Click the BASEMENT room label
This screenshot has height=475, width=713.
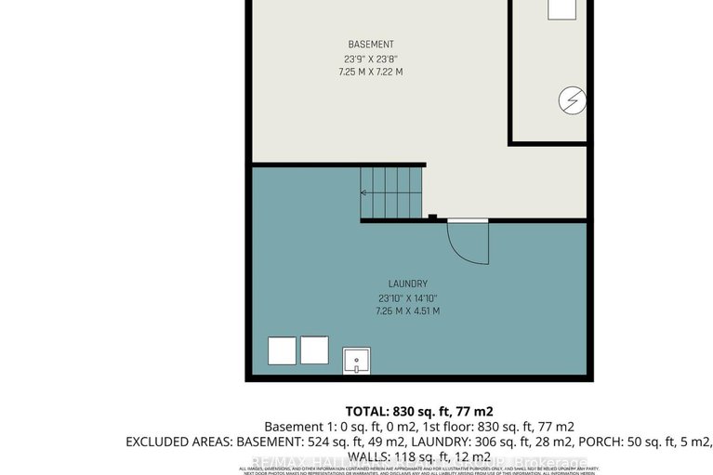click(371, 45)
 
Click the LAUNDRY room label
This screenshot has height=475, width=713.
click(408, 284)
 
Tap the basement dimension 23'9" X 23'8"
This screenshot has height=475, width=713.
click(371, 59)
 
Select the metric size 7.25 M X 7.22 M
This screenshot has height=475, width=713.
click(371, 72)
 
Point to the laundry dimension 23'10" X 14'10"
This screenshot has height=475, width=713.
click(408, 297)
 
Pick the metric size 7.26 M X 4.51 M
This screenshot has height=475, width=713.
click(408, 311)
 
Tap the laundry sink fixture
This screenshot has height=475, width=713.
click(357, 359)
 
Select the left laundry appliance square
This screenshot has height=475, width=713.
click(282, 350)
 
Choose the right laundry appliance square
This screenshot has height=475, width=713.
click(314, 350)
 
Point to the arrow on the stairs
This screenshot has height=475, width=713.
click(364, 193)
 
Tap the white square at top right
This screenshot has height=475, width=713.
click(562, 8)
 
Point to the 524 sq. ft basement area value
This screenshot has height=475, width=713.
click(328, 442)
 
